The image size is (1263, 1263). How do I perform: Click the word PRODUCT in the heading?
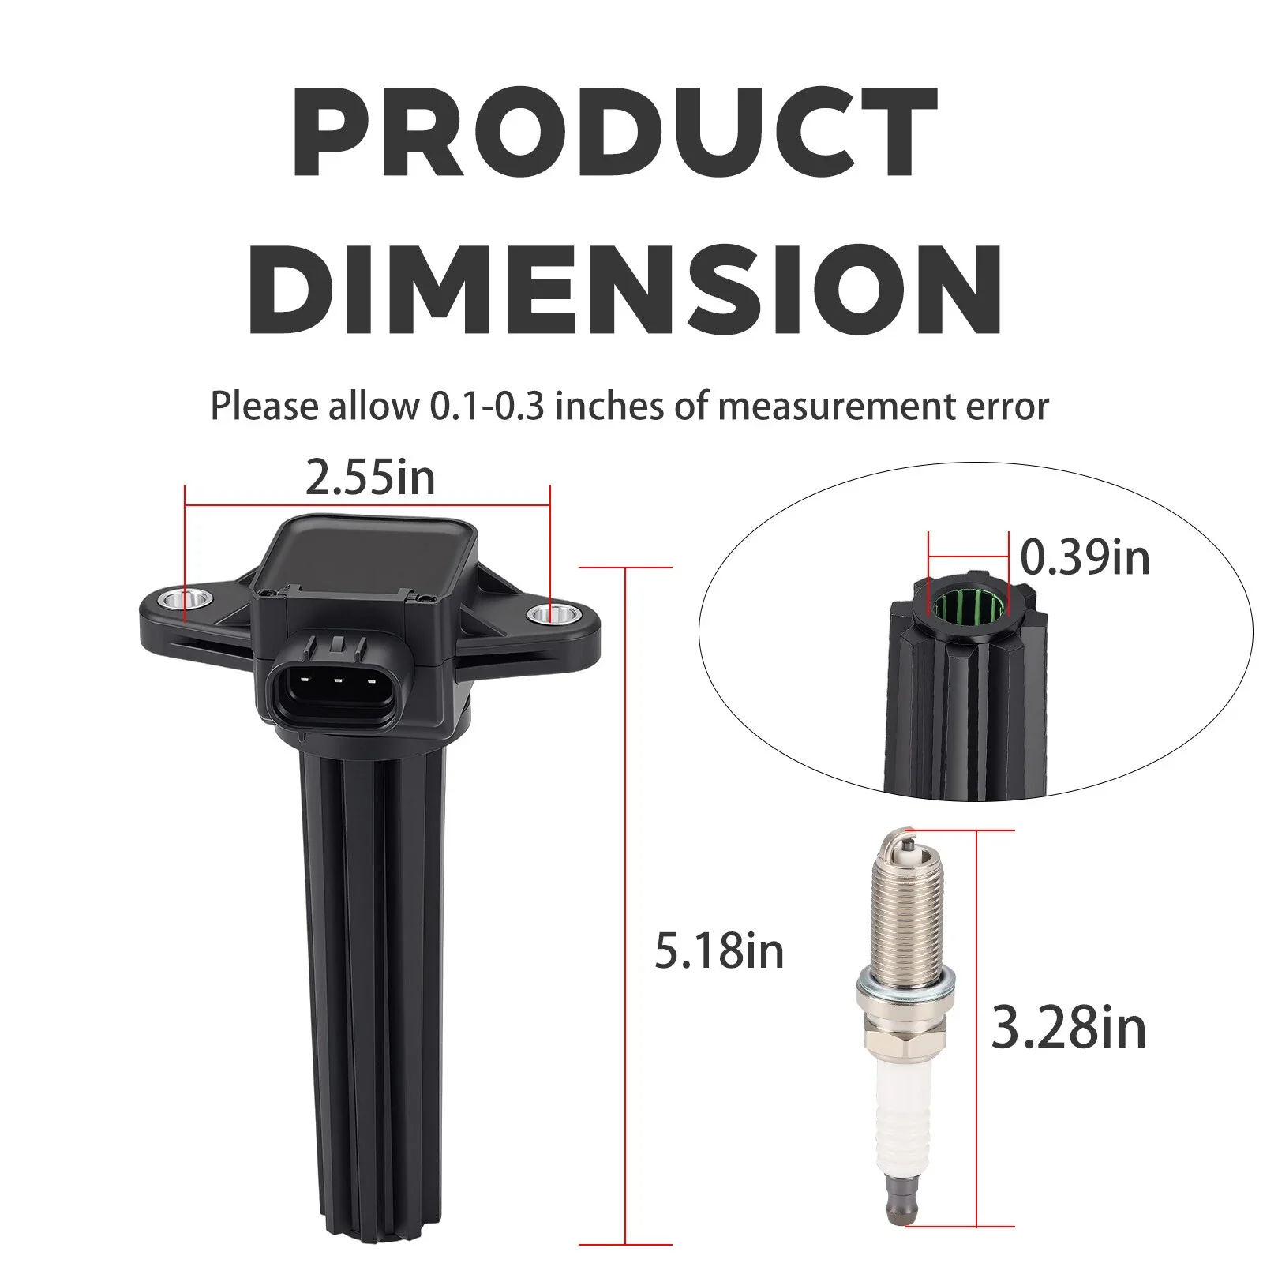tap(615, 132)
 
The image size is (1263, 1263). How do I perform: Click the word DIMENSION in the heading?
tap(626, 289)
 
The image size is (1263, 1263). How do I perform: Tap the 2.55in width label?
tap(370, 478)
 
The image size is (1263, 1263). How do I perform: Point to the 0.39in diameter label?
tap(1085, 557)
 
